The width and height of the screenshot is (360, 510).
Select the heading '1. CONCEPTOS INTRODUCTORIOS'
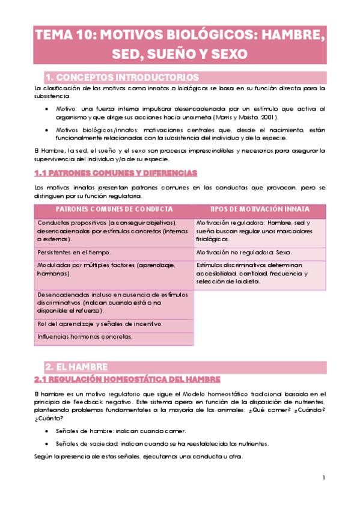tap(122, 78)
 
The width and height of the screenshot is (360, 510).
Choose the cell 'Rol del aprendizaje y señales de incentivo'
tap(99, 324)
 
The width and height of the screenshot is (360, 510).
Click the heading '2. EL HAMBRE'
tap(77, 366)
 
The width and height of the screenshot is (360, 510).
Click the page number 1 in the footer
tap(323, 478)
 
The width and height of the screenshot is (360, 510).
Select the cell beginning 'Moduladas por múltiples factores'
tap(106, 269)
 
